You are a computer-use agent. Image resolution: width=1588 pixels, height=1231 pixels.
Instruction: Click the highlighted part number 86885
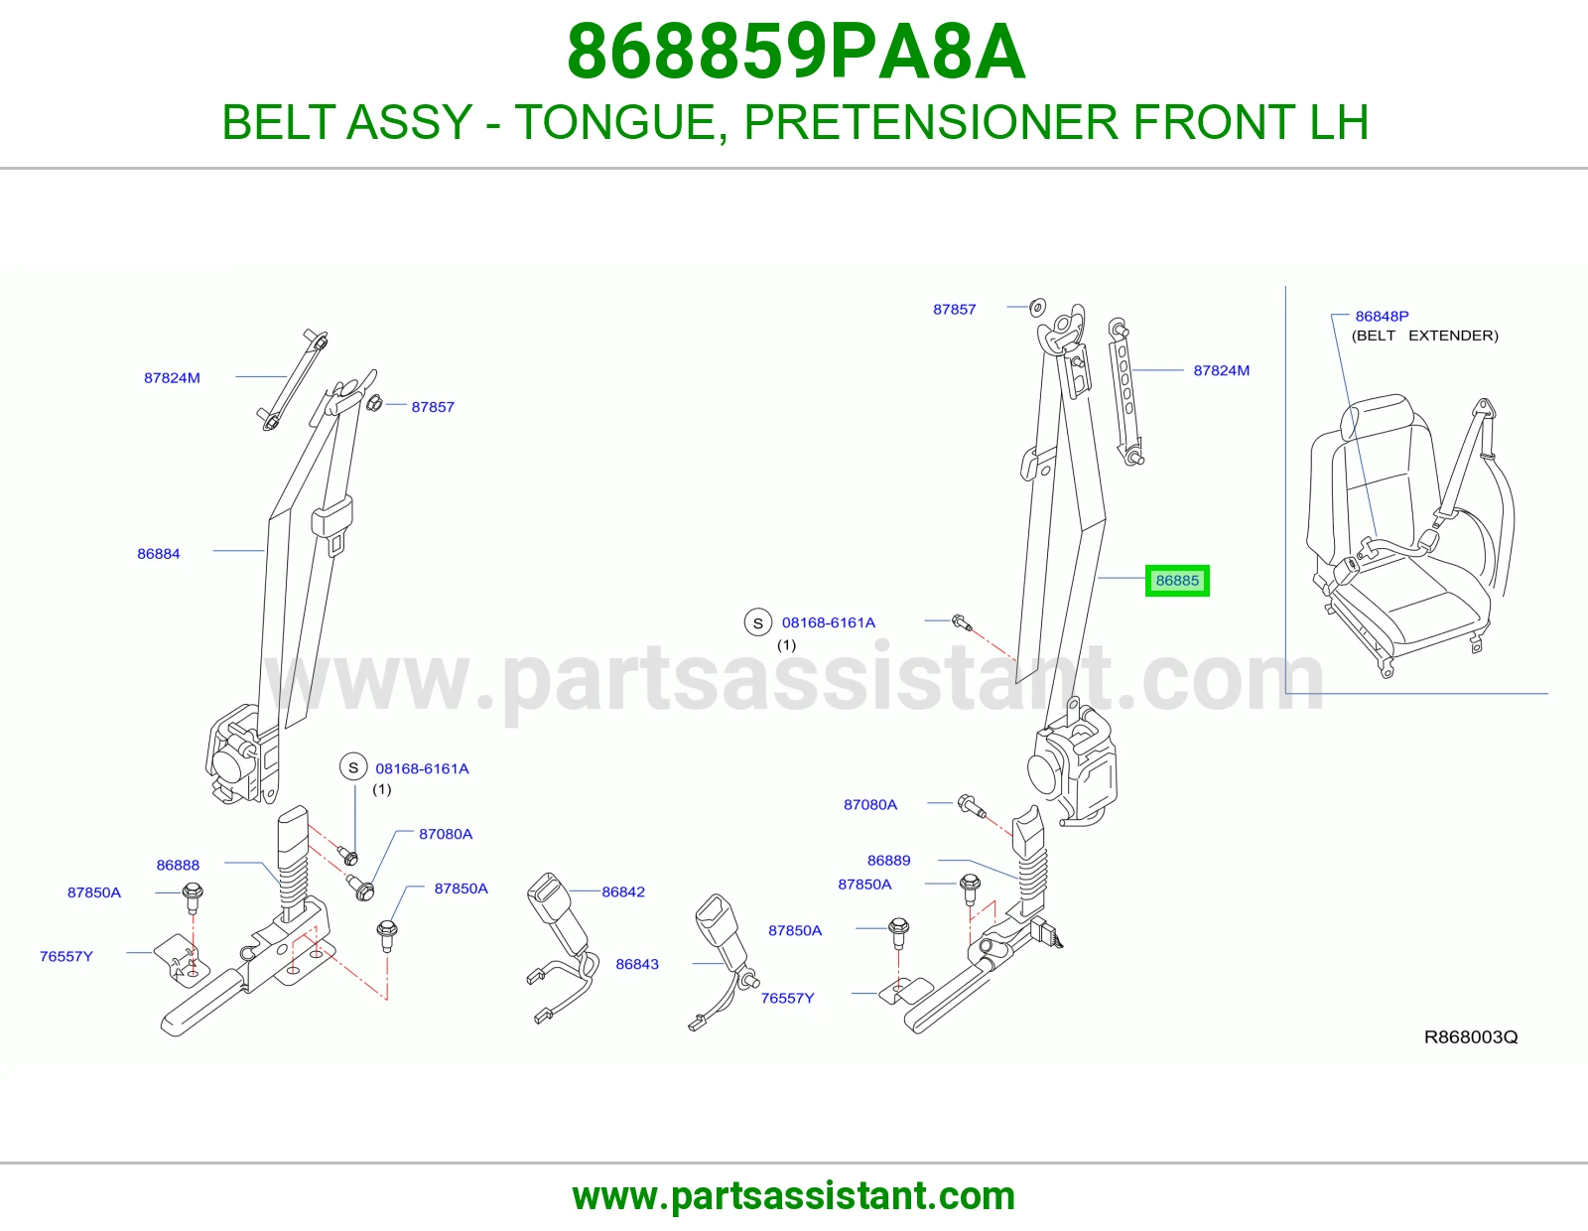pyautogui.click(x=1177, y=581)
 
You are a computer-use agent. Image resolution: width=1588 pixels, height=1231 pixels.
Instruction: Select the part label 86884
pyautogui.click(x=159, y=553)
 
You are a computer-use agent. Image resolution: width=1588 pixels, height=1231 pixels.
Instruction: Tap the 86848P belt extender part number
pyautogui.click(x=1382, y=316)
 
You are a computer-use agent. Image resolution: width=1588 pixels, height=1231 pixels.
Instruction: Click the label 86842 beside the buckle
pyautogui.click(x=623, y=891)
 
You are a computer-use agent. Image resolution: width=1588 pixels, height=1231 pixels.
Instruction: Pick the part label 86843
pyautogui.click(x=637, y=963)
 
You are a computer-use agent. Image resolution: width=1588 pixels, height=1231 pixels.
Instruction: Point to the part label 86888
pyautogui.click(x=178, y=865)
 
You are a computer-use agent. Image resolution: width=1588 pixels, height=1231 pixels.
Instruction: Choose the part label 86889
pyautogui.click(x=888, y=860)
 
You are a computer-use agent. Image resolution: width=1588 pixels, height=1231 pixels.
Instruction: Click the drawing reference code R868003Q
pyautogui.click(x=1471, y=1036)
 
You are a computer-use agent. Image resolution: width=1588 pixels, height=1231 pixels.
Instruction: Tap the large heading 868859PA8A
pyautogui.click(x=796, y=52)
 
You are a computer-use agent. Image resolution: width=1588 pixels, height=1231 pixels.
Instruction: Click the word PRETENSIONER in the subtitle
pyautogui.click(x=930, y=122)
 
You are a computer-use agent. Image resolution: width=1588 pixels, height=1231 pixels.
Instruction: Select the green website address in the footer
pyautogui.click(x=794, y=1196)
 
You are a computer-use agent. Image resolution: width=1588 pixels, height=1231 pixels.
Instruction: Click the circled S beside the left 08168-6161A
pyautogui.click(x=353, y=767)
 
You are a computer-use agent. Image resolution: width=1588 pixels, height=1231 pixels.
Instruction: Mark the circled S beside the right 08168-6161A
pyautogui.click(x=758, y=622)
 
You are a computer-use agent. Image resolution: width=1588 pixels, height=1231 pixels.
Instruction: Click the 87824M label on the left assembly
pyautogui.click(x=172, y=378)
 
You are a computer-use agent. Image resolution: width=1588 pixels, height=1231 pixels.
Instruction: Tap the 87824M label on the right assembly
pyautogui.click(x=1221, y=370)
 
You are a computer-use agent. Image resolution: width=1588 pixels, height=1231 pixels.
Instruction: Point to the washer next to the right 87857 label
pyautogui.click(x=1038, y=307)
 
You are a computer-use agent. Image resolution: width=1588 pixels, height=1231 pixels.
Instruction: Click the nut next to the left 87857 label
pyautogui.click(x=374, y=403)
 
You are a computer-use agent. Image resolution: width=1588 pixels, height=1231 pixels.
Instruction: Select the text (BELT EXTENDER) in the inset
pyautogui.click(x=1425, y=336)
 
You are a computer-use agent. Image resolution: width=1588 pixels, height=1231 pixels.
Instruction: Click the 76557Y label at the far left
pyautogui.click(x=66, y=956)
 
